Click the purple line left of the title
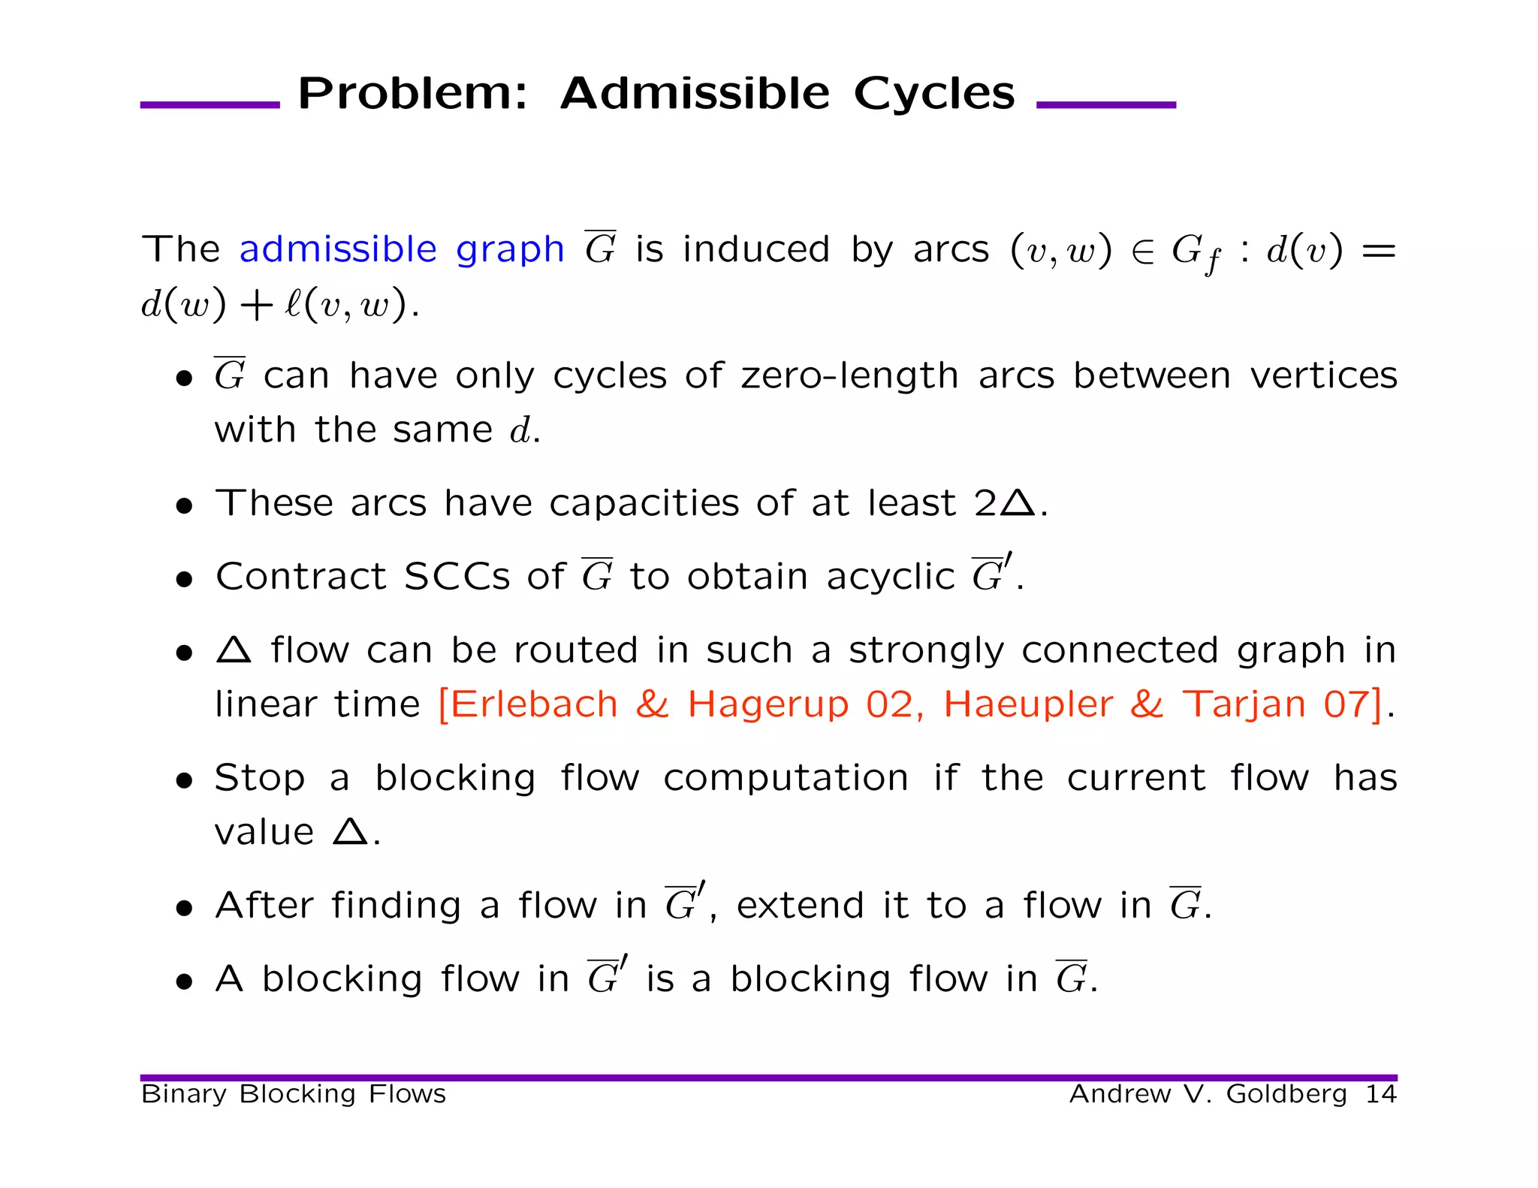pos(210,105)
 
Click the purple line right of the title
pos(1105,105)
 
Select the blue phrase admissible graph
pos(402,249)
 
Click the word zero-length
pos(849,375)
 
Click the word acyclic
pos(890,577)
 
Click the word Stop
pos(259,777)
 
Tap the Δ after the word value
pos(350,831)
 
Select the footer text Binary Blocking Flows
pos(294,1094)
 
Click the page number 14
pos(1380,1094)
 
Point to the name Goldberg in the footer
pos(1286,1094)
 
